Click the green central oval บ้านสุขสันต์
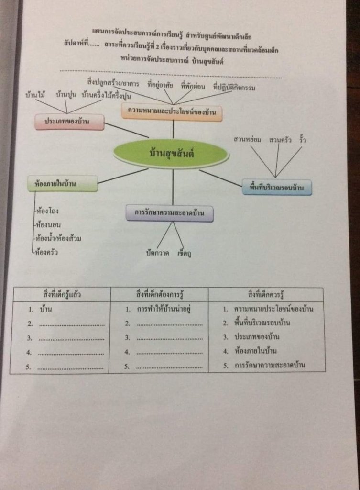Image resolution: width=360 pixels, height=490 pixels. [x=172, y=154]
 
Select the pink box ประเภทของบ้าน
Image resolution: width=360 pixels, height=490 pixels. [x=69, y=122]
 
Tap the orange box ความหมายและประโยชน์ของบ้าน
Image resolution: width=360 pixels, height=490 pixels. [x=172, y=112]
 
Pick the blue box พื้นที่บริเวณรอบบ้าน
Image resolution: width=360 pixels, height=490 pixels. [x=277, y=187]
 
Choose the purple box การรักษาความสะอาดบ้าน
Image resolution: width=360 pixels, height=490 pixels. [x=169, y=213]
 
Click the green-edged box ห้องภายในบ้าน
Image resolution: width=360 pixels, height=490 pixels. [x=62, y=183]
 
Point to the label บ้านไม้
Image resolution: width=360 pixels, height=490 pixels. [x=35, y=95]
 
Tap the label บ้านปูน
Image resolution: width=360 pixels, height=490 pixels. [x=66, y=95]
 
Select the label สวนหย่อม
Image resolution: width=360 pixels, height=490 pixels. [x=247, y=140]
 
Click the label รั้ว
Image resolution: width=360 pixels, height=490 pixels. [x=302, y=139]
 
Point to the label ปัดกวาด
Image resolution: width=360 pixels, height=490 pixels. [x=157, y=253]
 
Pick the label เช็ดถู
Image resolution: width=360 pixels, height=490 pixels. [x=184, y=253]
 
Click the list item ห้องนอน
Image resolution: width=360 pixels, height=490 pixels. [x=47, y=224]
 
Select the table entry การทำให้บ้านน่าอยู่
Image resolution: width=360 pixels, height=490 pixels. [x=164, y=309]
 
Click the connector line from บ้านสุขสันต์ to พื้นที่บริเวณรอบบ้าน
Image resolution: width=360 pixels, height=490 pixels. [x=220, y=178]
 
